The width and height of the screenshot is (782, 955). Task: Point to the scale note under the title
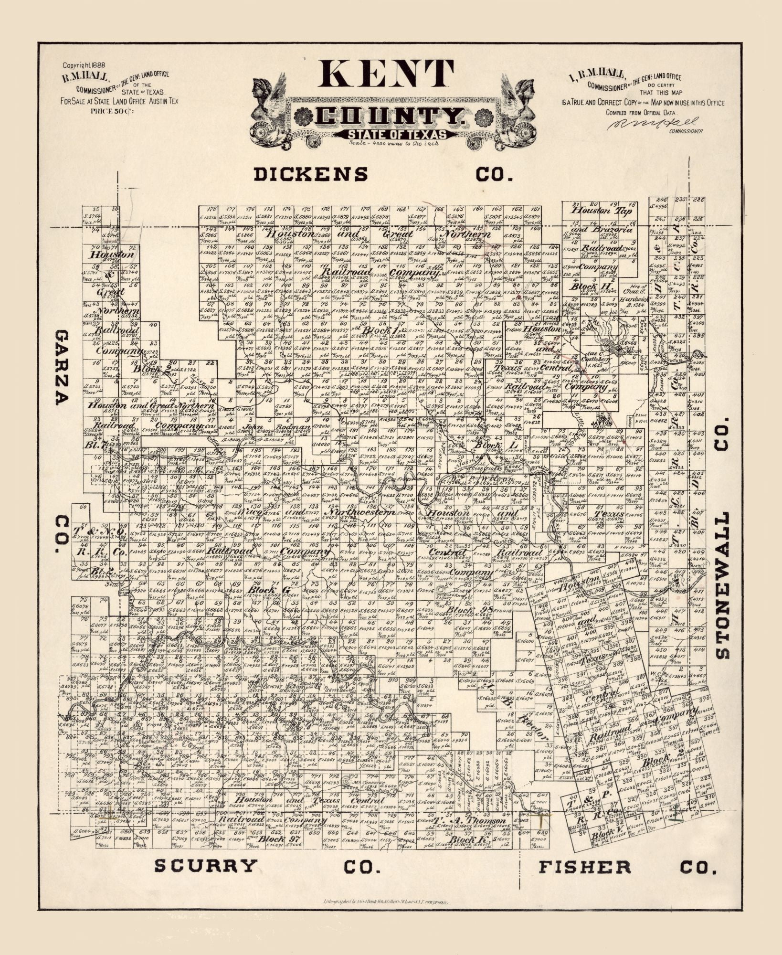(x=393, y=143)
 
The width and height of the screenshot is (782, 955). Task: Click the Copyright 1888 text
(x=84, y=65)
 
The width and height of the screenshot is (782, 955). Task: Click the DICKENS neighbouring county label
(x=311, y=174)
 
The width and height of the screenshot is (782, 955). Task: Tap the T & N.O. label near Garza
(x=98, y=531)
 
